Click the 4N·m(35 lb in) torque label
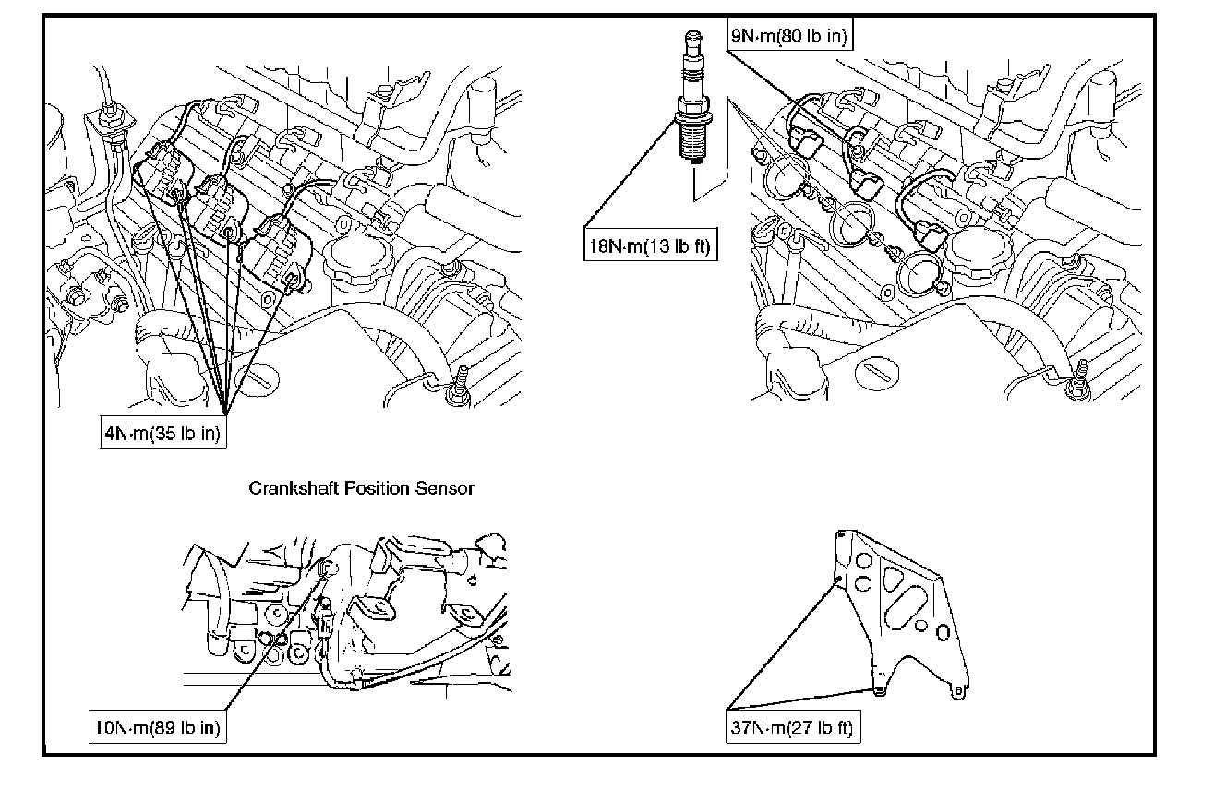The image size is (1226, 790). point(163,433)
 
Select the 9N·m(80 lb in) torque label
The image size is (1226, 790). point(789,36)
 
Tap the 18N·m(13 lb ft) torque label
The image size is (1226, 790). point(650,245)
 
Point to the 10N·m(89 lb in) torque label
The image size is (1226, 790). point(158,727)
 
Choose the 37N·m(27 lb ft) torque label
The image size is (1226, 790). point(792,727)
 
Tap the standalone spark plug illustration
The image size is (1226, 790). point(693,97)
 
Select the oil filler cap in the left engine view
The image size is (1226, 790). point(357,258)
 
